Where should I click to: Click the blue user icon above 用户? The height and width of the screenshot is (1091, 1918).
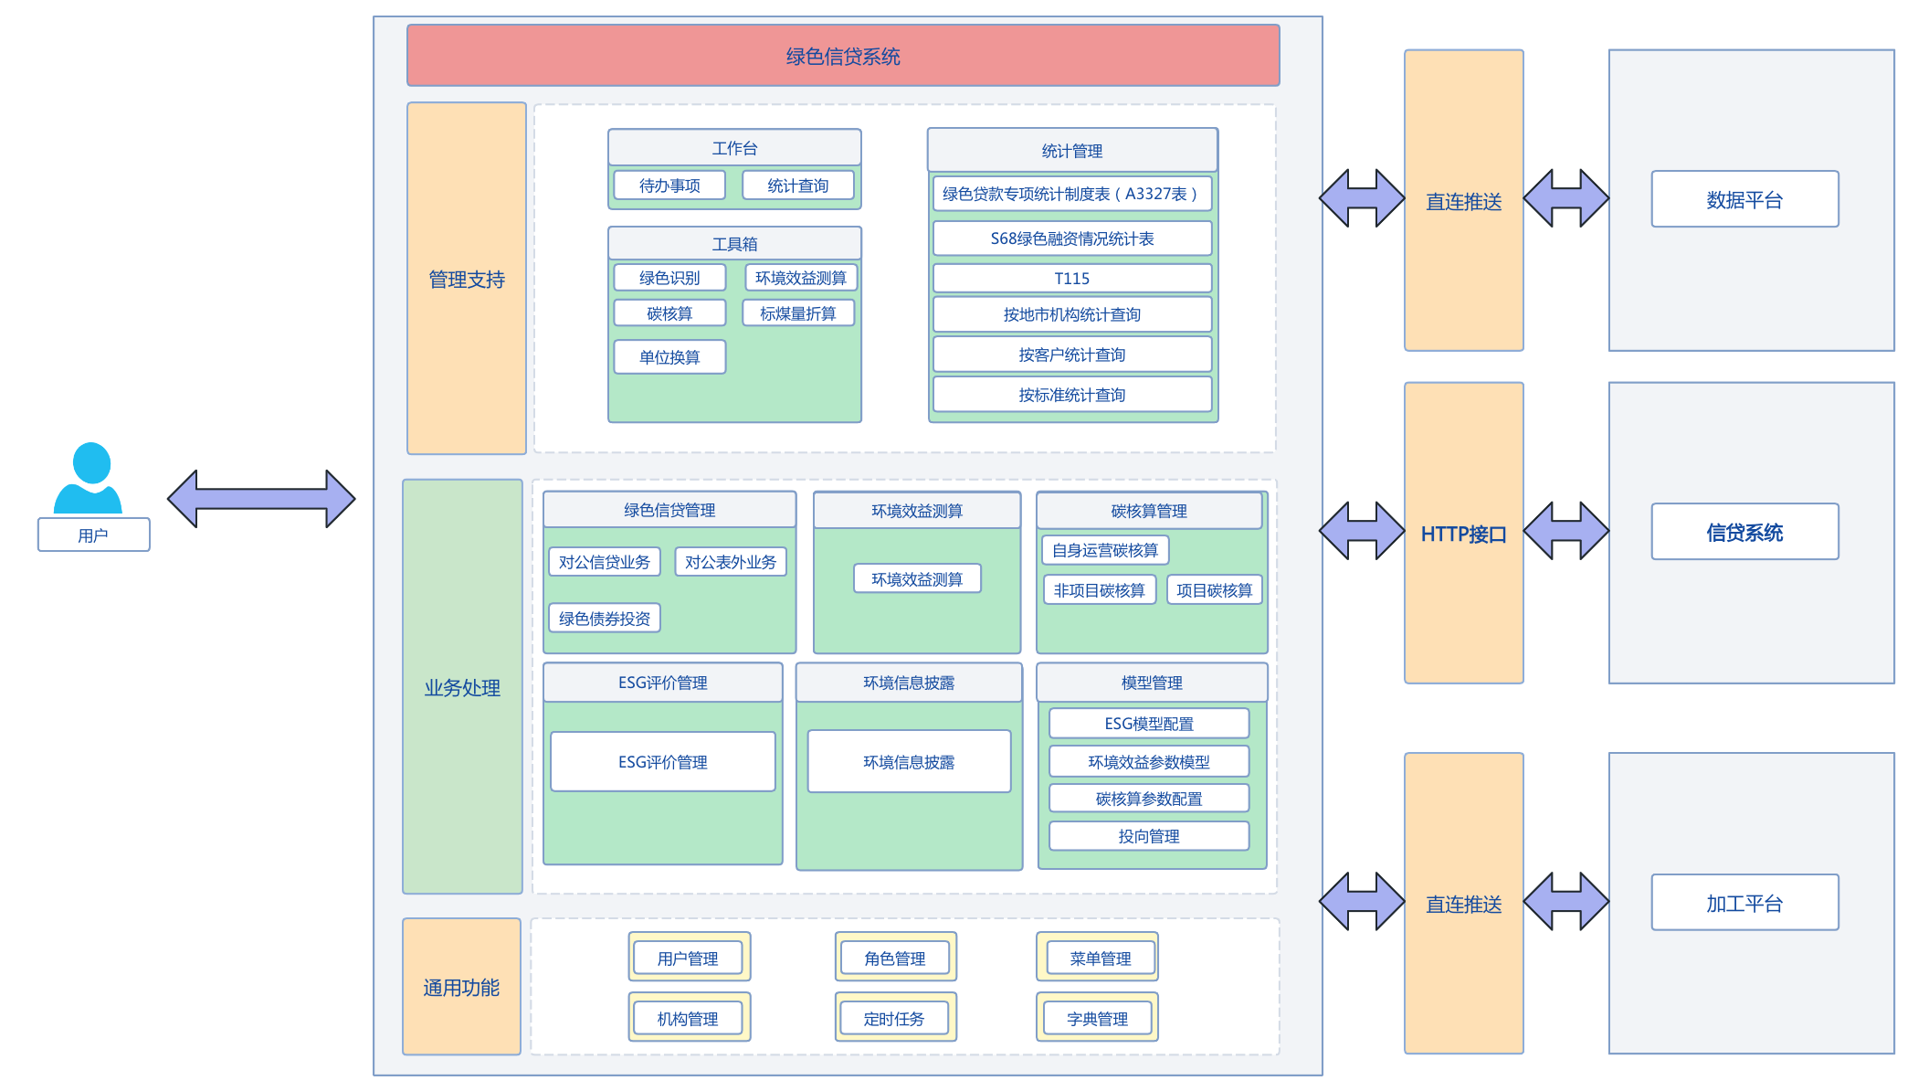point(88,478)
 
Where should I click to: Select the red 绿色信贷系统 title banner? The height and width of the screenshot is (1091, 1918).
point(843,56)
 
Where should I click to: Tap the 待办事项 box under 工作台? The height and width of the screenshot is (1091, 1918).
point(669,185)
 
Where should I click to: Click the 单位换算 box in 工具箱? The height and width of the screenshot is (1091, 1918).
point(669,357)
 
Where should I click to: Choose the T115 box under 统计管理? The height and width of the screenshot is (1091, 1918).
point(1072,279)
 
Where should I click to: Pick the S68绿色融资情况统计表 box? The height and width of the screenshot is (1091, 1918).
point(1072,238)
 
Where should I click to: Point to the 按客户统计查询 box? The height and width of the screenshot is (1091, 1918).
point(1072,355)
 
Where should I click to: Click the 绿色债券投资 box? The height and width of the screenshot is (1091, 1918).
point(605,619)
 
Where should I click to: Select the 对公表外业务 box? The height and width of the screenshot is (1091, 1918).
point(731,562)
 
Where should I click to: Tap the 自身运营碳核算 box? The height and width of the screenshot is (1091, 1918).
point(1105,550)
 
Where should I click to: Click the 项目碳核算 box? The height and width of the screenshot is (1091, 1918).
point(1215,590)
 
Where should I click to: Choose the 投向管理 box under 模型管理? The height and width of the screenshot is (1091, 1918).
point(1149,836)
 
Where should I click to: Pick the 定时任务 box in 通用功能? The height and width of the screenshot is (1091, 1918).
point(895,1018)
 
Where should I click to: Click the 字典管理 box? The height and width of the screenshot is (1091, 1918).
point(1098,1018)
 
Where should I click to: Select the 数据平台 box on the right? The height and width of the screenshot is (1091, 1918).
point(1744,199)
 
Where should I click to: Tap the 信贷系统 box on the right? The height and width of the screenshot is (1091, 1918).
point(1744,532)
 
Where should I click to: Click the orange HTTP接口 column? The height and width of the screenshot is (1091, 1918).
point(1464,533)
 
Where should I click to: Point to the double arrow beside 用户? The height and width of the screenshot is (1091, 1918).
point(261,499)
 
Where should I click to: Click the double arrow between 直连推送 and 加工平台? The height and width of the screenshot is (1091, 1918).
point(1566,902)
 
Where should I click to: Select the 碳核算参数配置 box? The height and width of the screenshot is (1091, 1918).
point(1149,799)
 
